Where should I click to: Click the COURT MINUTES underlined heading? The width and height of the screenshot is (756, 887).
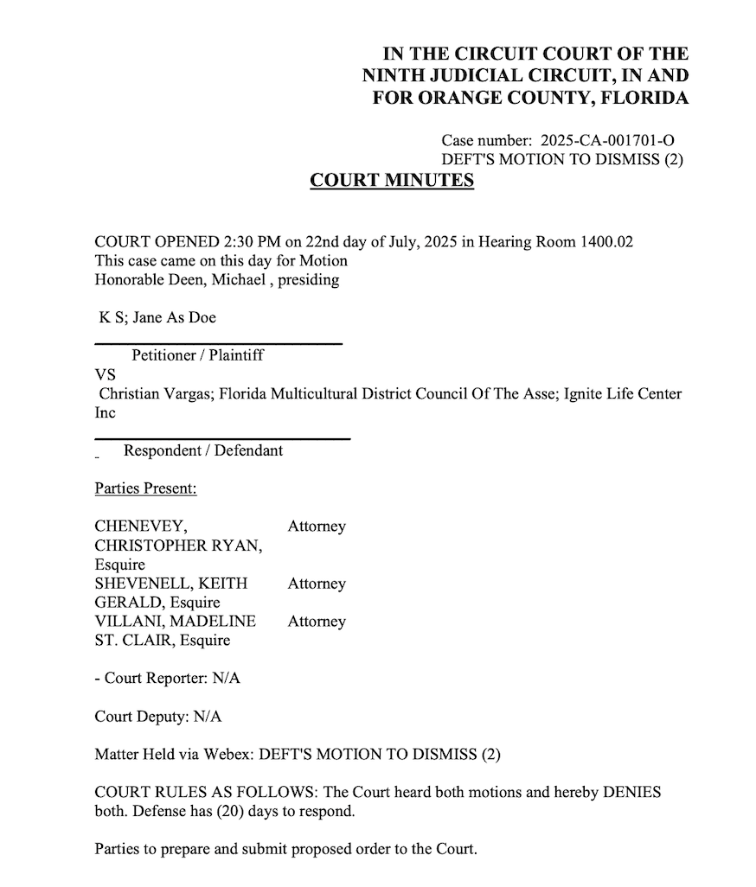coord(392,181)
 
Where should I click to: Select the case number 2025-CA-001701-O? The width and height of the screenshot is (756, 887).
coord(607,140)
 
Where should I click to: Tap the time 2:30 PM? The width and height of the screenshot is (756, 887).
coord(232,242)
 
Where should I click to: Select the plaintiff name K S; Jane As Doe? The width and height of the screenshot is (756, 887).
coord(157,317)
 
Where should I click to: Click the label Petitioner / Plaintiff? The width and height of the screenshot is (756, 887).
coord(197,354)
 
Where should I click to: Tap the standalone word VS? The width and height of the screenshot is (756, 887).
coord(104,374)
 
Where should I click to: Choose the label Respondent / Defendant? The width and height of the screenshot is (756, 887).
coord(203,450)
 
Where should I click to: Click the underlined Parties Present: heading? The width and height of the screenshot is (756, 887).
coord(145,489)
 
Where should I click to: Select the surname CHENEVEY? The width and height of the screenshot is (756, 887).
coord(139,526)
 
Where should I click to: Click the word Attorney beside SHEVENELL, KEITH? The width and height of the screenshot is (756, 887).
coord(317,584)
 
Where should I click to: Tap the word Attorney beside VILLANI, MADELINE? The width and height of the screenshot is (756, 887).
coord(317,622)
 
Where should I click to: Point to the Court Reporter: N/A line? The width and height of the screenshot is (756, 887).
coord(167,678)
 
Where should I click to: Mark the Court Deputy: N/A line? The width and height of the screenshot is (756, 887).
coord(157,716)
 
